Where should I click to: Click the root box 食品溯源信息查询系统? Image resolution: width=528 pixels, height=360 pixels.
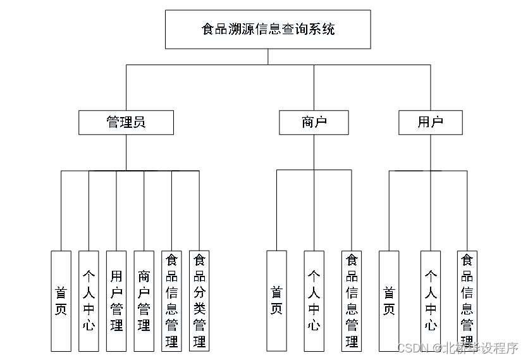click(267, 29)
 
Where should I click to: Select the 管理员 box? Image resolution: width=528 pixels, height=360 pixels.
click(126, 122)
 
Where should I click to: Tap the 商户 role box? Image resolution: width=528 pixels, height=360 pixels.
click(314, 122)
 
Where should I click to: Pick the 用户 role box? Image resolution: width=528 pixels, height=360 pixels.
click(430, 122)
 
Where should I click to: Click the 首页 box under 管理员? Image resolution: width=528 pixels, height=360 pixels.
click(61, 301)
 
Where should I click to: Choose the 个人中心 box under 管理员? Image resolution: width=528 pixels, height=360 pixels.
click(89, 301)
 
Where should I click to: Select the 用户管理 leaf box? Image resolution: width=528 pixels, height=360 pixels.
click(116, 301)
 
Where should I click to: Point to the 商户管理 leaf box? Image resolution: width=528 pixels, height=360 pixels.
click(144, 301)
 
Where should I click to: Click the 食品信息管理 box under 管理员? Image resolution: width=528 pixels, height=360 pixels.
click(171, 301)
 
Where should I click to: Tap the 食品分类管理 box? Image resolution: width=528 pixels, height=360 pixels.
click(199, 301)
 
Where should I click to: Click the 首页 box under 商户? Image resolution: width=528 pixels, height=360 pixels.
click(276, 301)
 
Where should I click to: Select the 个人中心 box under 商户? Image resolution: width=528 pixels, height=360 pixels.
click(314, 301)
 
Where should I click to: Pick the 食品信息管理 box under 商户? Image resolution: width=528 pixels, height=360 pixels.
click(352, 301)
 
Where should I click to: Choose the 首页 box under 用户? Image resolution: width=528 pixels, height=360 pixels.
click(389, 301)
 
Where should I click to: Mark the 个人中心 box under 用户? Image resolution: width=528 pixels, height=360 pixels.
click(431, 301)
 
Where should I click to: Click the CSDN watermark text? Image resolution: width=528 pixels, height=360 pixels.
click(413, 348)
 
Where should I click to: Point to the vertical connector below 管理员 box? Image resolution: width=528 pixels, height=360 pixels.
click(126, 152)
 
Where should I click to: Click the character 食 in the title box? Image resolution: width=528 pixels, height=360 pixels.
click(207, 29)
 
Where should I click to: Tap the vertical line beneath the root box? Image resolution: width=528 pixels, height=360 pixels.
click(268, 56)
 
